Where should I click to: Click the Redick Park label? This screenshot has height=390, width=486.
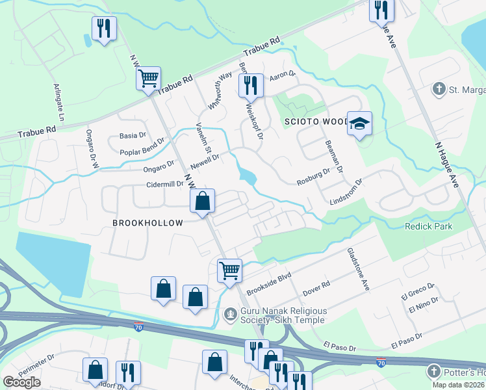point(428,226)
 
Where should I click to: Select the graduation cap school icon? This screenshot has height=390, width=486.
point(358,124)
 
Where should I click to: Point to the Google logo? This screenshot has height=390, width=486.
point(21,382)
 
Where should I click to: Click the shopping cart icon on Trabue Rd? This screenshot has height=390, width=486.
point(149,79)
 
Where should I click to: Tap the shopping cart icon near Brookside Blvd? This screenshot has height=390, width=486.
point(229,270)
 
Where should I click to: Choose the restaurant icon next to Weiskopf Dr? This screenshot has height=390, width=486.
point(250,84)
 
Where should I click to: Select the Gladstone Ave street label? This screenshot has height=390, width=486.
point(358,269)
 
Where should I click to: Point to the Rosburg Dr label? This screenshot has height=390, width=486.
point(314,172)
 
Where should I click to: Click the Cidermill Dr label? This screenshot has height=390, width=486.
point(165,185)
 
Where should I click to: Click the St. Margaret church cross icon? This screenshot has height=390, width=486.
point(439,89)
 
